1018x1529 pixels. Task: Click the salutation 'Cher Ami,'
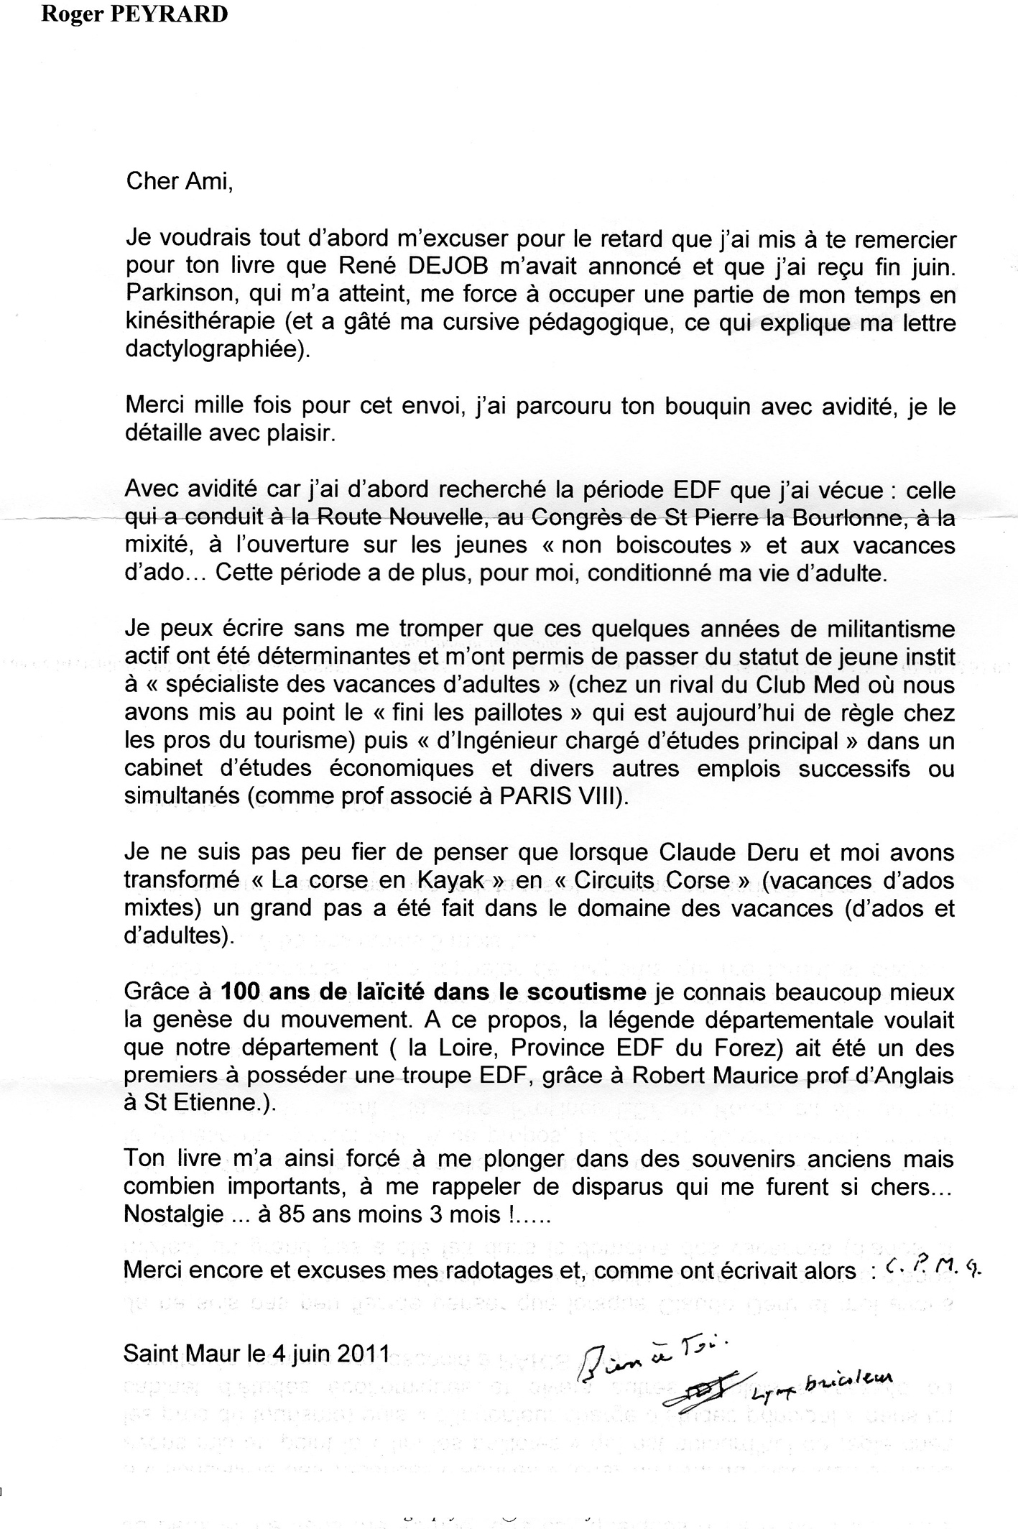pyautogui.click(x=180, y=180)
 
